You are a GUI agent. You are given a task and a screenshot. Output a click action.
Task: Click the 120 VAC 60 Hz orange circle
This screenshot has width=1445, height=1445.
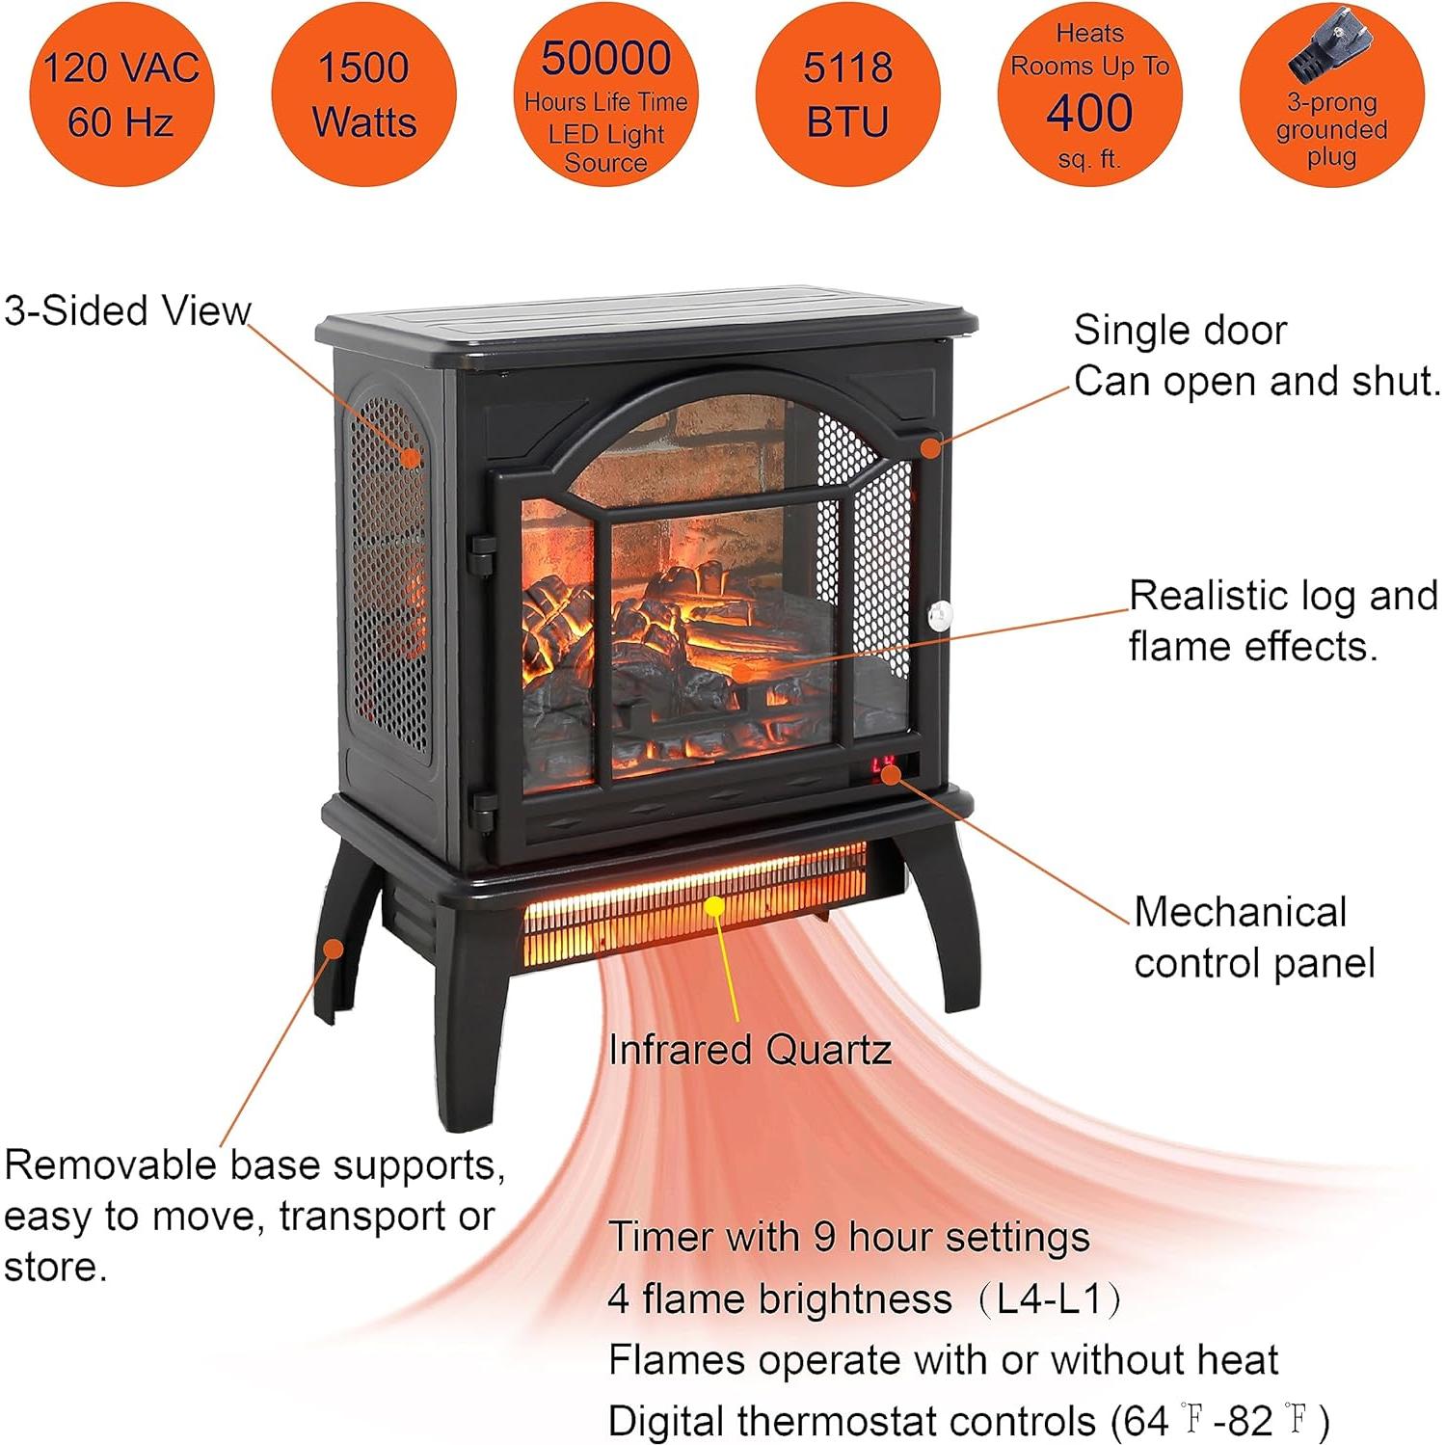(121, 94)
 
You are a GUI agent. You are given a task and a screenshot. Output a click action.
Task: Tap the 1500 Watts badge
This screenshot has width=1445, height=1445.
(363, 94)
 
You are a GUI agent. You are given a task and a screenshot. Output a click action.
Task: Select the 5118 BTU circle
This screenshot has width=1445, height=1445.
(847, 94)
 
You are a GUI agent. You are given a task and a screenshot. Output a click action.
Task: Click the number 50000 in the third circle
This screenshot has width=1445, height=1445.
(606, 58)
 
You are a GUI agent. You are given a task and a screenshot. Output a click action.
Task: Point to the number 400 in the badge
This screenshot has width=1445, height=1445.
(1089, 113)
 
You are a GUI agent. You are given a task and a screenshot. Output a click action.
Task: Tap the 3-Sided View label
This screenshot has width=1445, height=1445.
(126, 311)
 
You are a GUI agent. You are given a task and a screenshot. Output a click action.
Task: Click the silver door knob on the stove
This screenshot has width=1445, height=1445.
(939, 615)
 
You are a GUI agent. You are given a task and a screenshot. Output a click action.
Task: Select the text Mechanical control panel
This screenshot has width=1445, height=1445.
(1254, 937)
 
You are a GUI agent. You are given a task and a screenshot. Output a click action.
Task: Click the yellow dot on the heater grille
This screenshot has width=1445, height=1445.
(714, 906)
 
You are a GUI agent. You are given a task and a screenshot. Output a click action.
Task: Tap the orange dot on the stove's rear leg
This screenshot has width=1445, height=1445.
(334, 949)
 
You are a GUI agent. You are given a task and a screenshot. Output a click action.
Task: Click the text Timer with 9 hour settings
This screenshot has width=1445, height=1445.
(849, 1237)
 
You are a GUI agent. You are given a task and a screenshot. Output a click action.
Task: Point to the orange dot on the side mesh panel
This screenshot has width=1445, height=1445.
(412, 457)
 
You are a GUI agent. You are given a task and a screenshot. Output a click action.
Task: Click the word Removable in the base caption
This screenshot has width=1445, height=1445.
(111, 1165)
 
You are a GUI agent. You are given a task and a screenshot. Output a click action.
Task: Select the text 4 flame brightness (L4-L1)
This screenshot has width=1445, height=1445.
(865, 1299)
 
